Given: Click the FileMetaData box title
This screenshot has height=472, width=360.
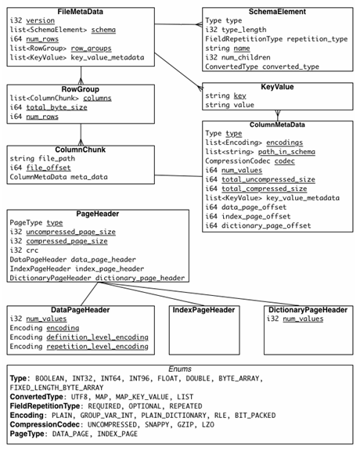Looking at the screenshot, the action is [x=81, y=12].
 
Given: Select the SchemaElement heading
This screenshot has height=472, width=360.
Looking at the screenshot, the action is [x=277, y=12].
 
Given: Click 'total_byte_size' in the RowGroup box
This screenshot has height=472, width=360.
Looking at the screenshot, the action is [x=56, y=107].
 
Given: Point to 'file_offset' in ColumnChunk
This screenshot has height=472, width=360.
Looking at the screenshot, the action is [x=49, y=168].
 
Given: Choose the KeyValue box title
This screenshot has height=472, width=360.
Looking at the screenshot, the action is [x=277, y=87].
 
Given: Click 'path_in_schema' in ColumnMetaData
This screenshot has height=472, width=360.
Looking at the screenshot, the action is [x=286, y=152].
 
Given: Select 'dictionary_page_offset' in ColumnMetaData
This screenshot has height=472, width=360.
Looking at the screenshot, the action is [x=266, y=225].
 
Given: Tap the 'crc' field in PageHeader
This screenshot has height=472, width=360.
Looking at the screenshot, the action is [x=32, y=250].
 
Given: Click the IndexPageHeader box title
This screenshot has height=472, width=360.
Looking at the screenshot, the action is [x=203, y=310].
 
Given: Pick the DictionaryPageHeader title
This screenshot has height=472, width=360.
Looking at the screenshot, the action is [x=308, y=310].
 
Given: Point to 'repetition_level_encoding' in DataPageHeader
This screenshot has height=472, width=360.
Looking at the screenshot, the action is [x=98, y=347].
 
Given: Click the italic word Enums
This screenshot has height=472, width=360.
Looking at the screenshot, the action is [x=180, y=369].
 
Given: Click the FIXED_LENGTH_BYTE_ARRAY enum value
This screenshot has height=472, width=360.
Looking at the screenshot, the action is [x=56, y=387].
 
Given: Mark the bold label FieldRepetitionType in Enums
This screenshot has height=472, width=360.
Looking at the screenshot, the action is [x=45, y=406].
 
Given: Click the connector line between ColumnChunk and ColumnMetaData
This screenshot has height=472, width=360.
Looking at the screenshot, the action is [x=178, y=176].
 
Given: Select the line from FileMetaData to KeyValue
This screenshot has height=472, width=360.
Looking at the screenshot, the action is [x=178, y=70].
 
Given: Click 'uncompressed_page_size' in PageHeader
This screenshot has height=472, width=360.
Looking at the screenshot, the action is [x=70, y=232].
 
